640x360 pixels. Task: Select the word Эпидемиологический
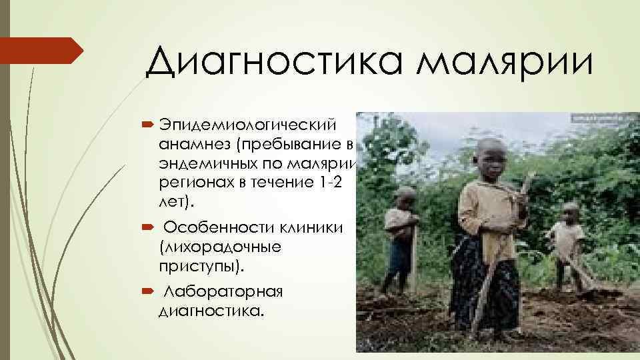point(247,127)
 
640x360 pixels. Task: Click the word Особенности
point(213,228)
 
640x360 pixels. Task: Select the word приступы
point(200,265)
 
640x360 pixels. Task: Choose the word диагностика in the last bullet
point(209,311)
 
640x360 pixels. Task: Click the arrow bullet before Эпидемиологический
point(148,127)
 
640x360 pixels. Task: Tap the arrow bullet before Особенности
point(148,228)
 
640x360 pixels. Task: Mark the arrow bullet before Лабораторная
point(148,292)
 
